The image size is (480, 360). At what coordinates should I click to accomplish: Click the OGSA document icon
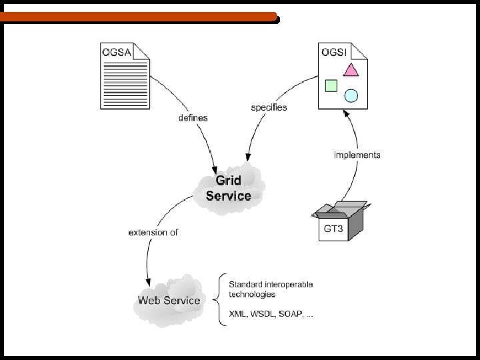coord(125,76)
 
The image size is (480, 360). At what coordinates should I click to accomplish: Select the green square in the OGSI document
coord(331,85)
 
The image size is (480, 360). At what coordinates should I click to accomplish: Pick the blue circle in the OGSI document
coord(351,95)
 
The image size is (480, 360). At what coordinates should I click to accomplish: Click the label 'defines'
coord(193,118)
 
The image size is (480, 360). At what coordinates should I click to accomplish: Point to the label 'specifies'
coord(269,107)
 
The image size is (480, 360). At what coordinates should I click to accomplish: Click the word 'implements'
coord(357,155)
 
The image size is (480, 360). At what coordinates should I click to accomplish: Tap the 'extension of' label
coord(153,232)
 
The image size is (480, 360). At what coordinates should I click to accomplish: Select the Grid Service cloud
coord(228,188)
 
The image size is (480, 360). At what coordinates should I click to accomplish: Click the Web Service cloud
coord(169,300)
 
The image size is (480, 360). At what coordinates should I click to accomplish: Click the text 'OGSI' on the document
coord(333,53)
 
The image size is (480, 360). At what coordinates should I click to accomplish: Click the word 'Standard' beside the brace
coord(245,284)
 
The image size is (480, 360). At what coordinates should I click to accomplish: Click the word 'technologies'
coord(252,294)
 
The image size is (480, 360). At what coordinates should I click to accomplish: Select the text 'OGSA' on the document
coord(116,51)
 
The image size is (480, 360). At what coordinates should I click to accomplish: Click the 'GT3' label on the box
coord(333,229)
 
